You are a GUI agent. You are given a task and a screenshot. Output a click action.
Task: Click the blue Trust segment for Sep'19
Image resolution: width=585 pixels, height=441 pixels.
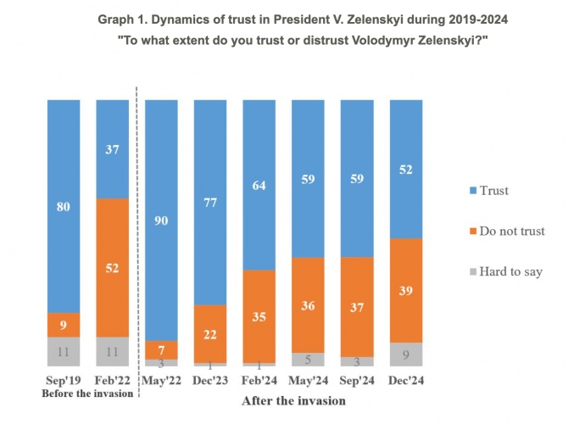coord(64,205)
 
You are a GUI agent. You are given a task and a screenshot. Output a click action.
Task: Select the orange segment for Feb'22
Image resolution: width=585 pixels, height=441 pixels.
coord(113,267)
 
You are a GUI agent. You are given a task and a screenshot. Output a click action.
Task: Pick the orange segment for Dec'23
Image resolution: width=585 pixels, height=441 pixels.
coord(210,333)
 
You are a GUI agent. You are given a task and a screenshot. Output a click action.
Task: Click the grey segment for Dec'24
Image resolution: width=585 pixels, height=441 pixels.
coord(406,354)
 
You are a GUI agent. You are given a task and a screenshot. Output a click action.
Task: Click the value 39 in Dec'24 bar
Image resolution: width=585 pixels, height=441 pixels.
coord(406,290)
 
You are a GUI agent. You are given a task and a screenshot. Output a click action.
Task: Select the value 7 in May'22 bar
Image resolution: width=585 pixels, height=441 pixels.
coord(161,349)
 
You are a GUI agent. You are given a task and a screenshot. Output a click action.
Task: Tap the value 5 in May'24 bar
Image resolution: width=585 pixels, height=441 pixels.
coord(309,360)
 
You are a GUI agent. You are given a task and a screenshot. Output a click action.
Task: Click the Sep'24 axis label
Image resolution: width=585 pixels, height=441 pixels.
coord(357,381)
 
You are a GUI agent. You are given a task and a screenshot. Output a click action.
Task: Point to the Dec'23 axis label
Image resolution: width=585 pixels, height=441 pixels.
coord(210,381)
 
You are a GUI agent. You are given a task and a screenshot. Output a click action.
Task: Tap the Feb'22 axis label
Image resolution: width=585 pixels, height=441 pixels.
coord(113,381)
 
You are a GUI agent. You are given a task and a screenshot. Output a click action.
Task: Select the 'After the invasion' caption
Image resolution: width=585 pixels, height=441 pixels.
coord(294,400)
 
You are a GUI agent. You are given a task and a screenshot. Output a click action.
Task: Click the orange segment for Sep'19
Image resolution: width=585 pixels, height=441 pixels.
coord(64,325)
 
